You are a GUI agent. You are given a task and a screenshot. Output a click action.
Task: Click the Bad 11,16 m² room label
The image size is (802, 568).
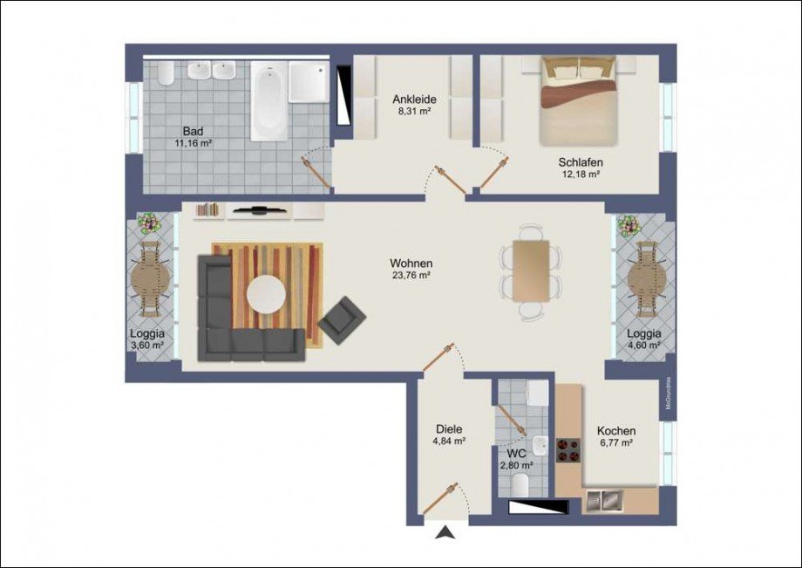coord(193,137)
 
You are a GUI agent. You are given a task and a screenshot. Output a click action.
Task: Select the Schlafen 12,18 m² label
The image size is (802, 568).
coord(581,168)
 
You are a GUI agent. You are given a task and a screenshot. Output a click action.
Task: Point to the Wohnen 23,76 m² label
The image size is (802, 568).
coord(411,269)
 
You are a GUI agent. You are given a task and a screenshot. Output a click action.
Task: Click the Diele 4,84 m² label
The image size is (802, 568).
coord(449,435)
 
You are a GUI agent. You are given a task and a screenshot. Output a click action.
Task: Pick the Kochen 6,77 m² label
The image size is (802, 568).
coord(615,436)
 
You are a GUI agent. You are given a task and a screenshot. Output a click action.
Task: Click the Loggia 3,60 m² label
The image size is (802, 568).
coord(146,339)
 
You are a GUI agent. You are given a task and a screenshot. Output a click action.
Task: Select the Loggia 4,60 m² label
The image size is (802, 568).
coord(643,339)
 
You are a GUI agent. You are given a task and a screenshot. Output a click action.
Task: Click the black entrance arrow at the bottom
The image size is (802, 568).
coord(446,531)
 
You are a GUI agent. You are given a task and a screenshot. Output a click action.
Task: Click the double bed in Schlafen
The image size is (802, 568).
coord(579,99)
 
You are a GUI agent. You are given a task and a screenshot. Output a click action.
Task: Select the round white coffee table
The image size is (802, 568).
coord(267,294)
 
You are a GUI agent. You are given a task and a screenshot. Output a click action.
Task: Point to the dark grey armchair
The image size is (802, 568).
coord(343,319)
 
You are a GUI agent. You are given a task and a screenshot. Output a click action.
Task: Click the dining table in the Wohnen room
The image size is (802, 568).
coord(531,270)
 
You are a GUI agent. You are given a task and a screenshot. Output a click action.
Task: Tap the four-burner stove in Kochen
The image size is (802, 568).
coord(569,450)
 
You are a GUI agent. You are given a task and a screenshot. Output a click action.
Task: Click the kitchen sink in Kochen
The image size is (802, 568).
coord(604,501)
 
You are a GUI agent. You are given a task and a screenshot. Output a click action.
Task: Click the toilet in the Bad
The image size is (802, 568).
coord(166,73)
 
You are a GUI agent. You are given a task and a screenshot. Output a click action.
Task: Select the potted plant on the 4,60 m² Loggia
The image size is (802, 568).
coord(629,225)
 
